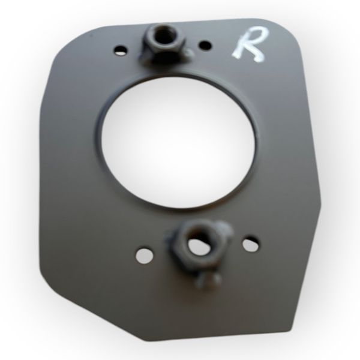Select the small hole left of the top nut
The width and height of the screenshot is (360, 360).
(120, 50)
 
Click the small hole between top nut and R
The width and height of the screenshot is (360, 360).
(205, 45)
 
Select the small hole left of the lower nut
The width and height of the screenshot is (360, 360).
(145, 256)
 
